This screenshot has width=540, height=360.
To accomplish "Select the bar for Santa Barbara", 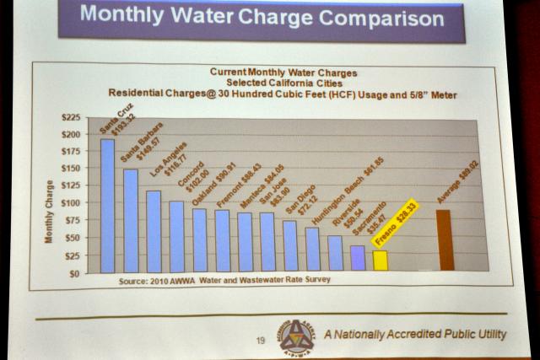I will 131,220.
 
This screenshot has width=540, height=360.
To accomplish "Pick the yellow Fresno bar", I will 381,261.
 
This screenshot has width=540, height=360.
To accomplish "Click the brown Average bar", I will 445,239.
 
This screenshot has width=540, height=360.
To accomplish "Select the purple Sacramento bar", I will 358,258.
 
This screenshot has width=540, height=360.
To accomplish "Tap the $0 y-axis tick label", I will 75,273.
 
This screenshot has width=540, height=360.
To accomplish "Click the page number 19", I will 260,341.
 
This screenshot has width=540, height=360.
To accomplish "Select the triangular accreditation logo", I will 296,336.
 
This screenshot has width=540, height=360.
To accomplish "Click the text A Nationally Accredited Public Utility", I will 415,335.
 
